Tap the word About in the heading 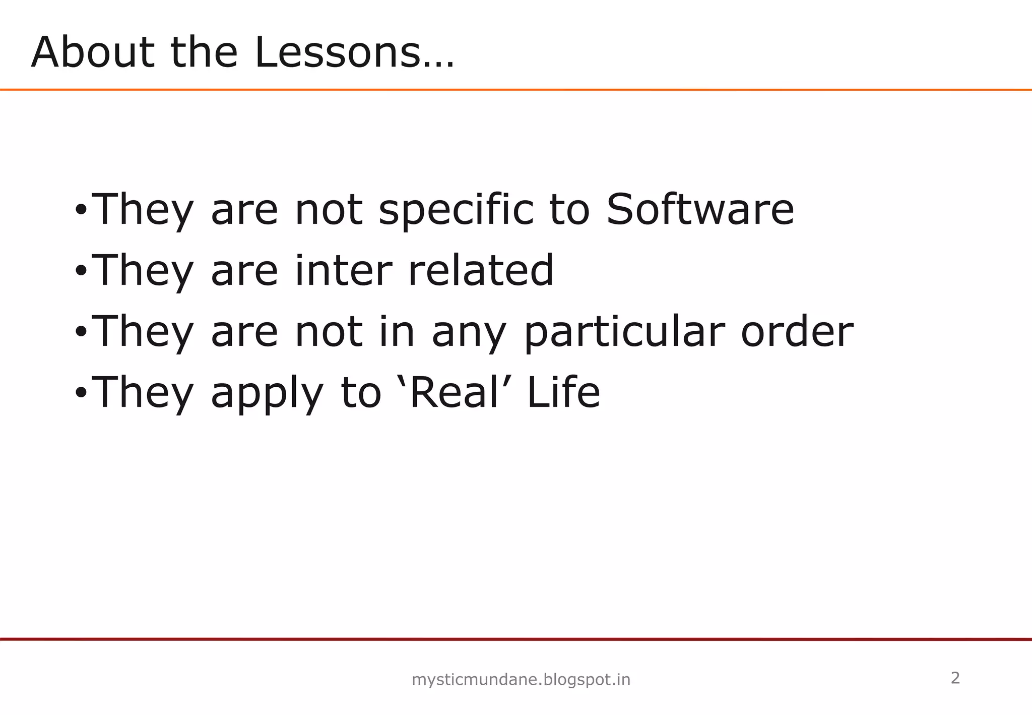93,53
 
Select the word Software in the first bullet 700,209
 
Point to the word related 480,270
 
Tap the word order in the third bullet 797,331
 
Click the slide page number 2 955,678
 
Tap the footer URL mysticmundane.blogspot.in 521,680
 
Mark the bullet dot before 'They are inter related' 81,271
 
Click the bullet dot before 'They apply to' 81,393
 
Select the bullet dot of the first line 81,210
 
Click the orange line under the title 516,90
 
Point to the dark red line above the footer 516,639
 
